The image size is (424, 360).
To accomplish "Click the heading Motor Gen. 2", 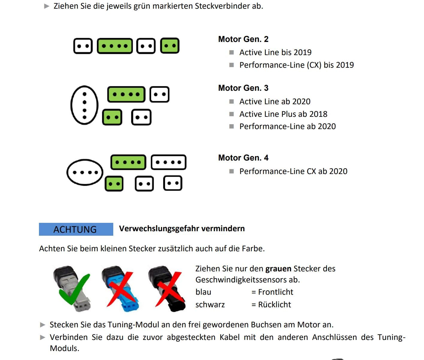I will pyautogui.click(x=243, y=39).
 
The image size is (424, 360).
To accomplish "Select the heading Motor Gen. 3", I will pyautogui.click(x=243, y=88).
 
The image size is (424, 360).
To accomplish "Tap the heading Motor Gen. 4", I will pyautogui.click(x=243, y=158).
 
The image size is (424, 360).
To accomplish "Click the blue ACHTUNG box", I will pyautogui.click(x=76, y=229).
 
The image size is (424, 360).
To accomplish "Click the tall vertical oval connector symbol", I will pyautogui.click(x=85, y=105).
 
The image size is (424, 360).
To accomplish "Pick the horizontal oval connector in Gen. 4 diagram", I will pyautogui.click(x=85, y=172).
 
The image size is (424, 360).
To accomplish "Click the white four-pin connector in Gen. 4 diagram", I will pyautogui.click(x=168, y=162).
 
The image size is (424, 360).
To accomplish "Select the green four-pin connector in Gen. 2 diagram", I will pyautogui.click(x=115, y=46).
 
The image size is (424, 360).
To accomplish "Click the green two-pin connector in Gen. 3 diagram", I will pyautogui.click(x=112, y=117).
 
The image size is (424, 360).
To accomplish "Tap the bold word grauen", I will pyautogui.click(x=278, y=269).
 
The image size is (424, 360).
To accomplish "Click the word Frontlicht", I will pyautogui.click(x=275, y=292).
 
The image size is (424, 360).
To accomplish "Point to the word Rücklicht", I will pyautogui.click(x=274, y=305).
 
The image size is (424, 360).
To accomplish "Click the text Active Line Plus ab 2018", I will pyautogui.click(x=283, y=114).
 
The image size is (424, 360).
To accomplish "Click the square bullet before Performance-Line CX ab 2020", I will pyautogui.click(x=231, y=171).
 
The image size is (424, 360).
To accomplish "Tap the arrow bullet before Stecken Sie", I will pyautogui.click(x=43, y=325).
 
